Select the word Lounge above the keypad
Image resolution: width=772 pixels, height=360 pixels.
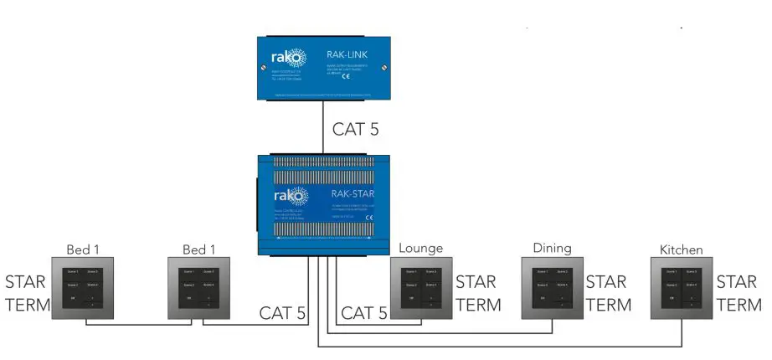[x=421, y=249]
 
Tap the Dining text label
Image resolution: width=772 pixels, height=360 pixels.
[x=552, y=249]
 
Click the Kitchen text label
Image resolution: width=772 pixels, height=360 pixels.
[x=681, y=249]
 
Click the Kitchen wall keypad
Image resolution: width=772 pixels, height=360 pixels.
[x=682, y=289]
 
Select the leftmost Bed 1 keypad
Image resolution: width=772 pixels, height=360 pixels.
[x=81, y=289]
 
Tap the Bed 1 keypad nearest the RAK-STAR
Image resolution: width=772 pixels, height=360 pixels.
[x=198, y=289]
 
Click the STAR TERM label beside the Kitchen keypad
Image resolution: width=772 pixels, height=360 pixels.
[x=739, y=293]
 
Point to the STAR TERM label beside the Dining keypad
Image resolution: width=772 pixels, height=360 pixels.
[x=609, y=293]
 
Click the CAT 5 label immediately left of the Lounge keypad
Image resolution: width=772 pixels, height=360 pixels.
[x=363, y=313]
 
